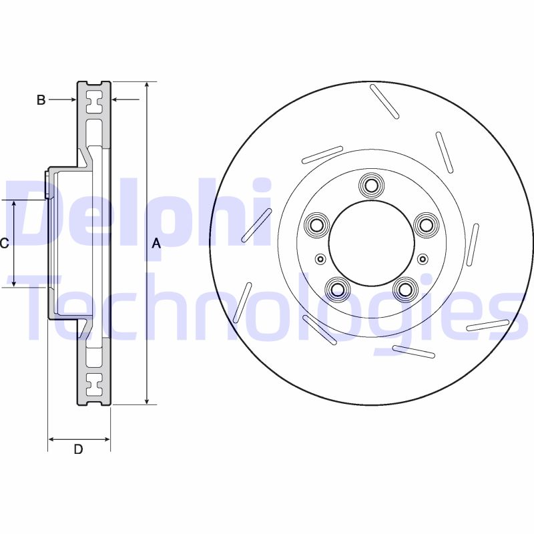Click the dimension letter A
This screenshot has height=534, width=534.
click(x=156, y=244)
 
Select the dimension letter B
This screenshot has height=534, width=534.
click(x=41, y=100)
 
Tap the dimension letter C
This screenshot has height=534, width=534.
click(x=5, y=244)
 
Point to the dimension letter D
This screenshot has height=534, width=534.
click(x=78, y=449)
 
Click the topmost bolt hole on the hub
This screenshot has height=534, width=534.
click(x=370, y=184)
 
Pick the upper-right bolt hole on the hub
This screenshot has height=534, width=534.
click(x=425, y=224)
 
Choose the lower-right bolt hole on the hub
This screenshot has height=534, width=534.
click(x=404, y=289)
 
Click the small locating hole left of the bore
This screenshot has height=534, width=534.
click(x=320, y=259)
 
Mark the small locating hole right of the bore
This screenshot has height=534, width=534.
click(x=421, y=259)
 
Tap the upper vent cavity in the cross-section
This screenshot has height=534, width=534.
click(x=94, y=102)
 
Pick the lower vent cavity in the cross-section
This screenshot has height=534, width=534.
click(x=94, y=384)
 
